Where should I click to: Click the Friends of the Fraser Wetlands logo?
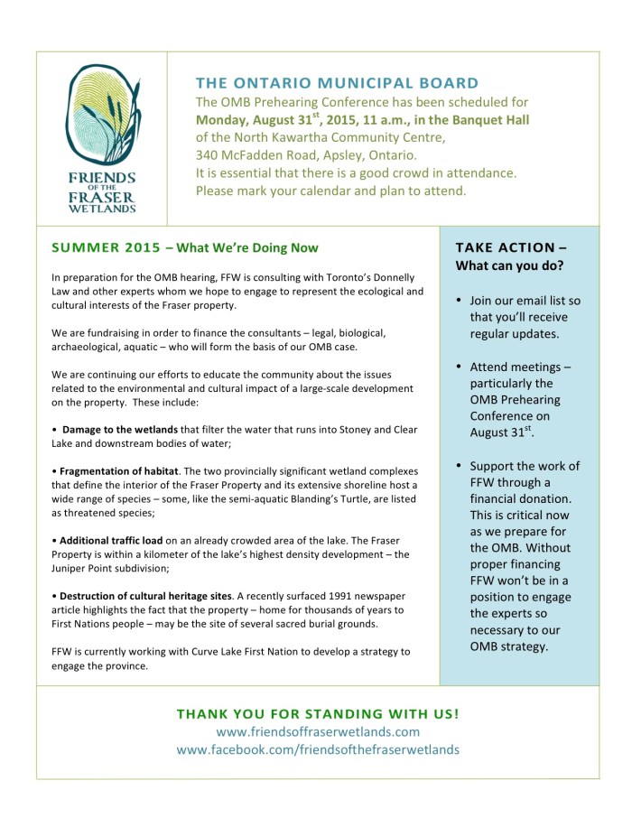pyautogui.click(x=102, y=137)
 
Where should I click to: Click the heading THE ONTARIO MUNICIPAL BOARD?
pyautogui.click(x=338, y=82)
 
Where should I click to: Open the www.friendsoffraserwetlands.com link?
pyautogui.click(x=318, y=731)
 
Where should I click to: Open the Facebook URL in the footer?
pyautogui.click(x=318, y=749)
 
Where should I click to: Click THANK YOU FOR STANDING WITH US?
pyautogui.click(x=318, y=713)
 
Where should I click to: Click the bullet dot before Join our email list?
pyautogui.click(x=460, y=300)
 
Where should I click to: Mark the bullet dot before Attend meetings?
pyautogui.click(x=460, y=367)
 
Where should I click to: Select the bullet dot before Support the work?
pyautogui.click(x=460, y=466)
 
